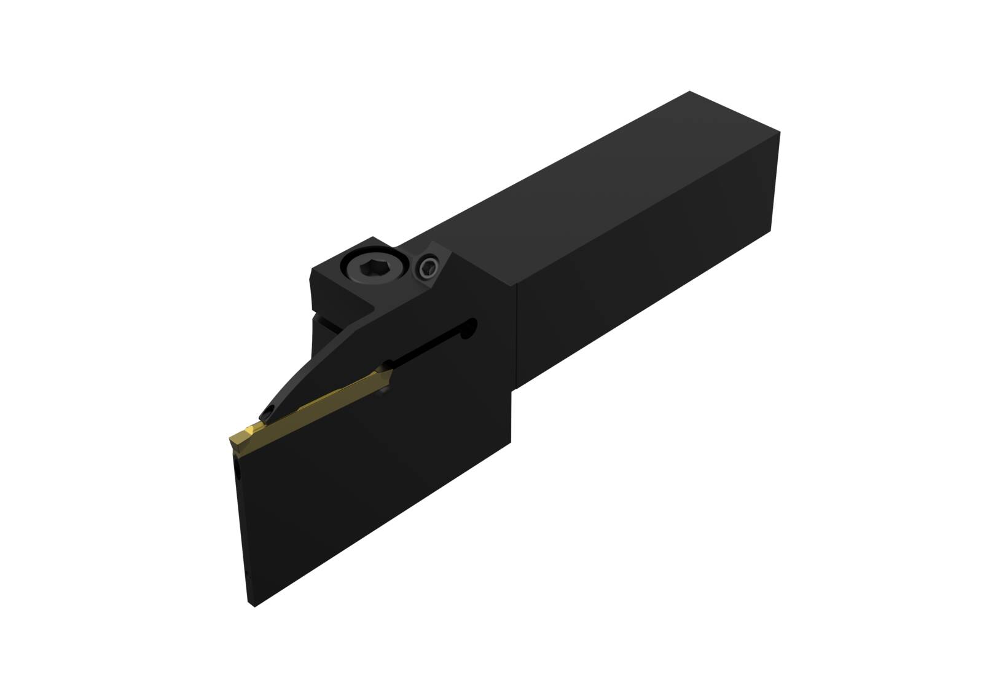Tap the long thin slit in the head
pos(430,345)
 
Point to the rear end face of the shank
pos(774,184)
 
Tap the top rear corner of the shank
pos(690,93)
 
